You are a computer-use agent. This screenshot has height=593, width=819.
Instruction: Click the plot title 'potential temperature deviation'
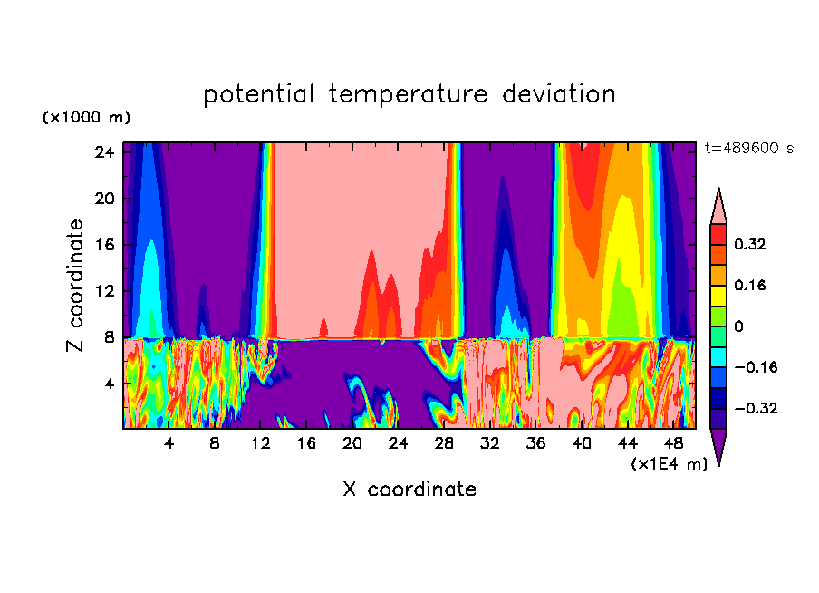pyautogui.click(x=409, y=94)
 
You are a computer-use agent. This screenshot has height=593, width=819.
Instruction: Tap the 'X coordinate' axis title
pyautogui.click(x=409, y=490)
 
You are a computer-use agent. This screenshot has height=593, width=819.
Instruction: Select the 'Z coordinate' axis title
pyautogui.click(x=76, y=286)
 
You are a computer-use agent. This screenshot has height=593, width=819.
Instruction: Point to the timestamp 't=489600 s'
pyautogui.click(x=748, y=149)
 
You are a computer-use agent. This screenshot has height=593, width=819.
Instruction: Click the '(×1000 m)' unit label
pyautogui.click(x=86, y=118)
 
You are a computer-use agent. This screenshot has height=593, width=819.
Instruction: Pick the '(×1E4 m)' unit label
pyautogui.click(x=669, y=464)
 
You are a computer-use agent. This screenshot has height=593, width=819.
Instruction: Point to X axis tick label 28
pyautogui.click(x=444, y=445)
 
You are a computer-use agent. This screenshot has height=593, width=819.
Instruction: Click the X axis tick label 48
pyautogui.click(x=673, y=445)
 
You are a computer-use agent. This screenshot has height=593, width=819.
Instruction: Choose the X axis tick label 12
pyautogui.click(x=261, y=445)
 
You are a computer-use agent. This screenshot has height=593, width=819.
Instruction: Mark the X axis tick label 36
pyautogui.click(x=535, y=445)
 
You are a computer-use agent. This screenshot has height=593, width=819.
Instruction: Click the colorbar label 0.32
pyautogui.click(x=750, y=244)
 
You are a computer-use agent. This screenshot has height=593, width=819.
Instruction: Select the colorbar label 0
pyautogui.click(x=738, y=326)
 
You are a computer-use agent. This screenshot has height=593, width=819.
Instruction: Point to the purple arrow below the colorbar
pyautogui.click(x=718, y=445)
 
